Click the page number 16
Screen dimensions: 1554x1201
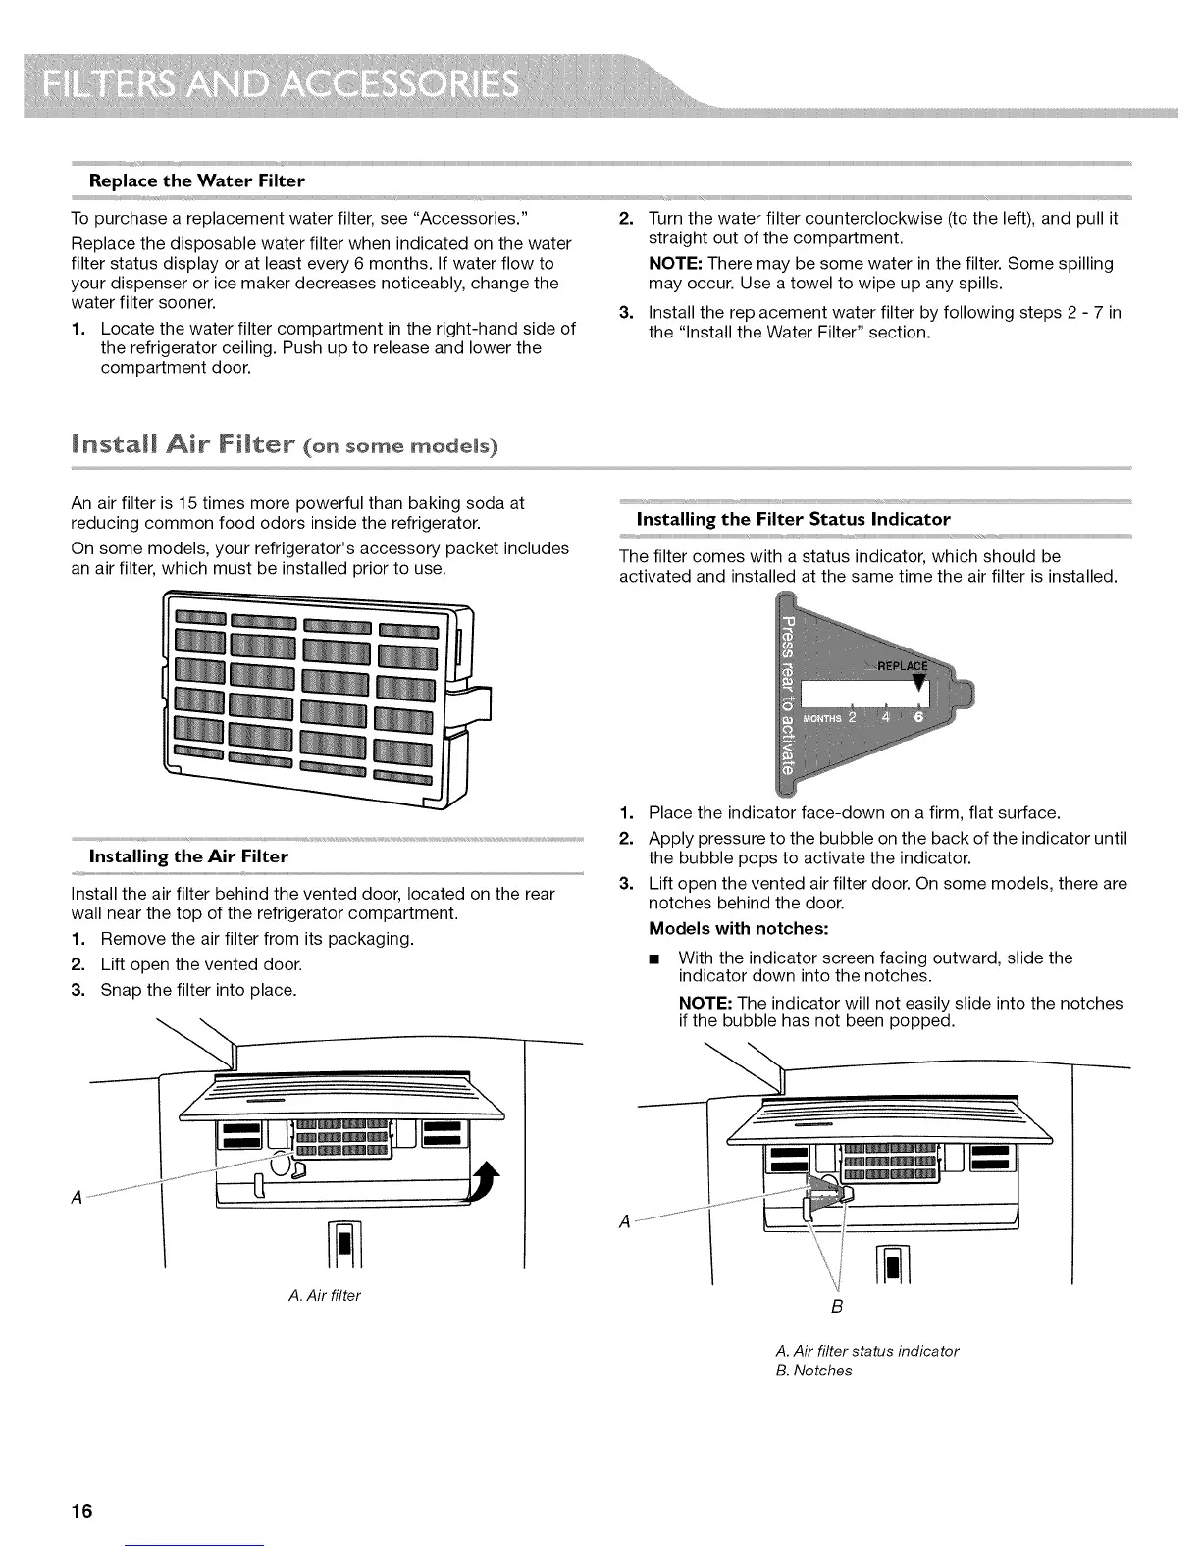(81, 1510)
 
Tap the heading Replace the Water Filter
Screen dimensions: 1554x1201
(197, 181)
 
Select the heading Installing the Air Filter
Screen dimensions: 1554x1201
(188, 856)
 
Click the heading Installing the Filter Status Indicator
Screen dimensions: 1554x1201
(793, 518)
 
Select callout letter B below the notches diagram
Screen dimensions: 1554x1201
(837, 1308)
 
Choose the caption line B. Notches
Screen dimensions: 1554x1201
(812, 1371)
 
